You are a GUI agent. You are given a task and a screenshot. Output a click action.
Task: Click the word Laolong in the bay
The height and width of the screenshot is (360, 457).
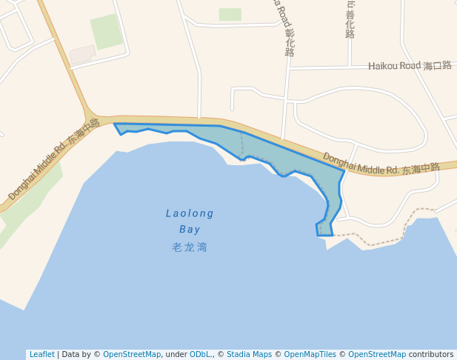tap(190, 213)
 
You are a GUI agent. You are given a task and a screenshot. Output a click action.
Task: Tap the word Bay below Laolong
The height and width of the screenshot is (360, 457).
tap(190, 230)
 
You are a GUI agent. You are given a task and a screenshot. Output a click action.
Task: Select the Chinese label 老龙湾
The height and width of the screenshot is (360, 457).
tap(190, 247)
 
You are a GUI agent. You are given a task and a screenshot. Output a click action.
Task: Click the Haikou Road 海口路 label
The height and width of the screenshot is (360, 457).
tap(410, 66)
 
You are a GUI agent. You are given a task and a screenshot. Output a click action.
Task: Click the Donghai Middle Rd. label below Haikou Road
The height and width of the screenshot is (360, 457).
tap(381, 164)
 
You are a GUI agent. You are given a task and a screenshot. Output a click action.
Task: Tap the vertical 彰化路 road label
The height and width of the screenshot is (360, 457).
tap(289, 33)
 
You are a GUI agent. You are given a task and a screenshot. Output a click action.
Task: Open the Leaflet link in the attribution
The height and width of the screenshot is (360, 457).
tap(41, 354)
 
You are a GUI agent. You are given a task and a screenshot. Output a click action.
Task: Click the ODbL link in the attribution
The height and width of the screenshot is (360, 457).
tap(200, 354)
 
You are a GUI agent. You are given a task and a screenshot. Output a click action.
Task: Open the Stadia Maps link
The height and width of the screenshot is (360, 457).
tap(249, 354)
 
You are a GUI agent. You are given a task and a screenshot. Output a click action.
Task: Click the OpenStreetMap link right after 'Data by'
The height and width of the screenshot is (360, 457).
tap(132, 354)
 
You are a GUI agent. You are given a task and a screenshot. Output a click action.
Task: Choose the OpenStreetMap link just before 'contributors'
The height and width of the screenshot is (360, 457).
tap(377, 354)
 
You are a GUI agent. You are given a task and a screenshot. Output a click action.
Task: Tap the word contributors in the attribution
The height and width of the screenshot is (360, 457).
tap(430, 354)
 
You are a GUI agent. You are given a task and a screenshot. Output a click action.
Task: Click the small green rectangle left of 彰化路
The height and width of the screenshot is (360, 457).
tap(230, 14)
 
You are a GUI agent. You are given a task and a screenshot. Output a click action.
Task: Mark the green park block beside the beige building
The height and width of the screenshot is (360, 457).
tap(107, 31)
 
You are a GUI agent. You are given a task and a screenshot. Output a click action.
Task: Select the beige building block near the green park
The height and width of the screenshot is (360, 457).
tap(81, 55)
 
